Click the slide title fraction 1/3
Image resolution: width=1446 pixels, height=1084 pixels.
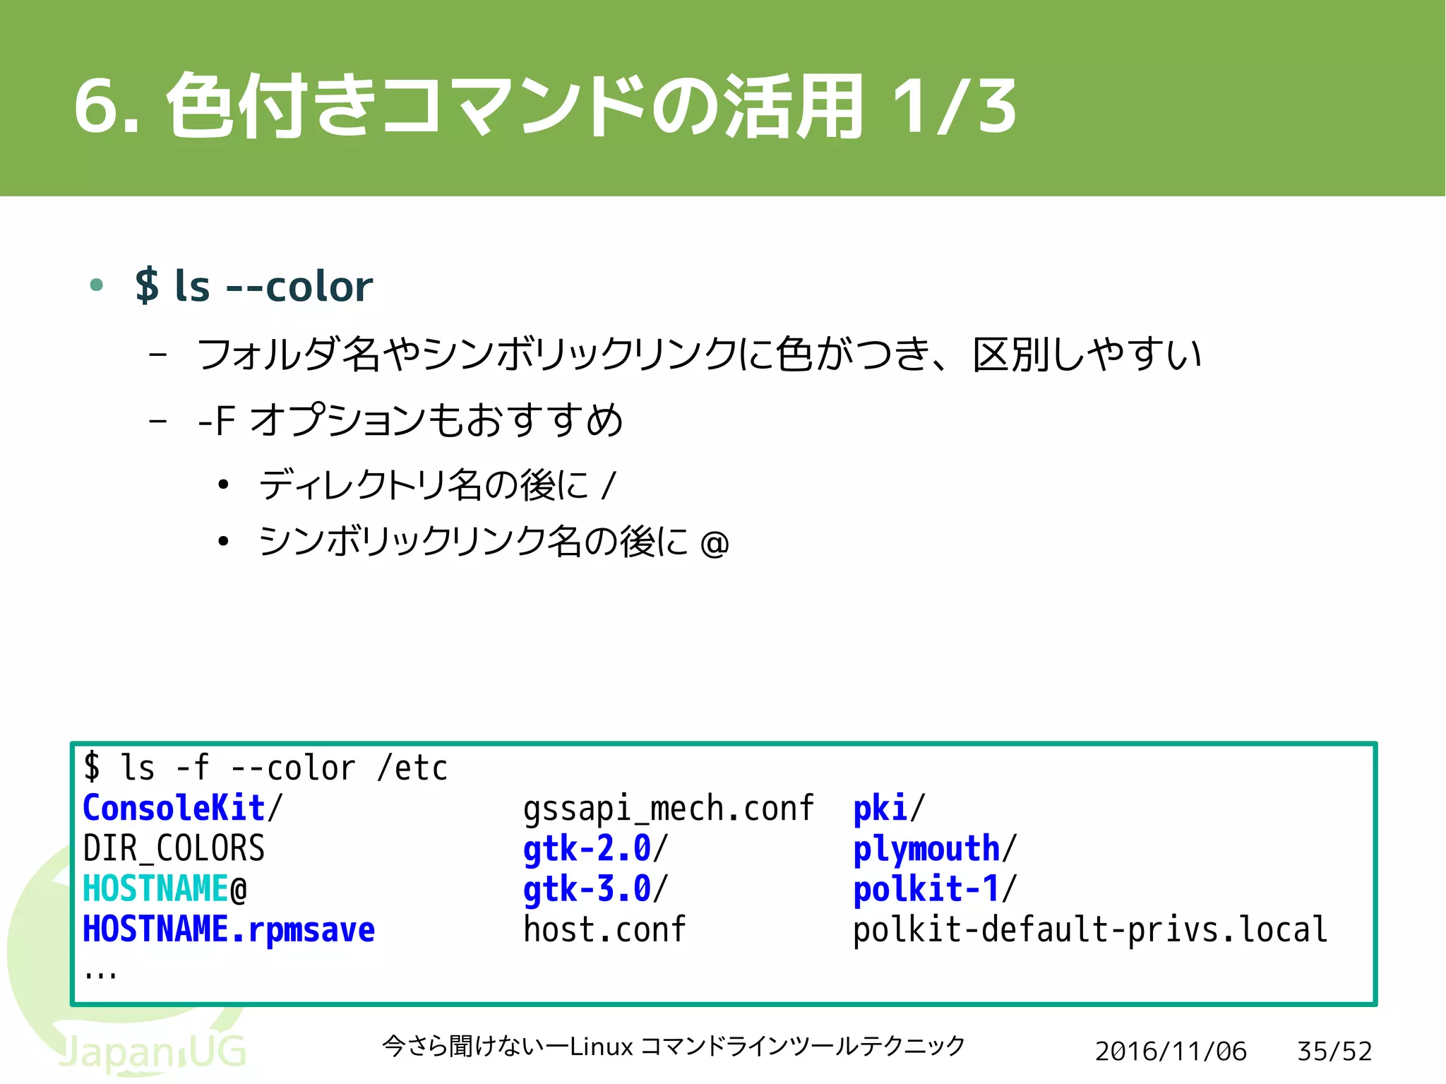[x=953, y=107]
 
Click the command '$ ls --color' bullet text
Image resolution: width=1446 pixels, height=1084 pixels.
[x=253, y=287]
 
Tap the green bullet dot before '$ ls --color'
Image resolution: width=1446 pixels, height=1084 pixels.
[x=97, y=285]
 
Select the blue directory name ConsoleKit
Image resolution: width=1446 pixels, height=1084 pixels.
[x=174, y=808]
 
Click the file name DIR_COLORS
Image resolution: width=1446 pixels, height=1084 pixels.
[x=174, y=848]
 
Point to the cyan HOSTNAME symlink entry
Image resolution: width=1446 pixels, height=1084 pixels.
[x=155, y=889]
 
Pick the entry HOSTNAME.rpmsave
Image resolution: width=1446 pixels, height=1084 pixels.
[x=228, y=929]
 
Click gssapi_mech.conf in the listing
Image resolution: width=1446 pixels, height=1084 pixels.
[x=668, y=809]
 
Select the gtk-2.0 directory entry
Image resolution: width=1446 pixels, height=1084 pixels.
[x=587, y=848]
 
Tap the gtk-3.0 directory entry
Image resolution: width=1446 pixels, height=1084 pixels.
[x=587, y=889]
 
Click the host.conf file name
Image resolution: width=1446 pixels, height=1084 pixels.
[x=604, y=929]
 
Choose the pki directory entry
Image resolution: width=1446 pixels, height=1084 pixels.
[x=880, y=809]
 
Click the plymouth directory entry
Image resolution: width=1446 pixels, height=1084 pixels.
[x=926, y=849]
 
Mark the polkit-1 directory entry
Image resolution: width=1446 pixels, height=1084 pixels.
[x=926, y=889]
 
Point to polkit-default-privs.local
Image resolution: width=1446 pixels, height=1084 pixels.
[x=1089, y=929]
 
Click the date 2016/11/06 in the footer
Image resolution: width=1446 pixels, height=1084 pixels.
[x=1171, y=1052]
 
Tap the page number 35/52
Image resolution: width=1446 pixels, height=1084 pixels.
[x=1334, y=1052]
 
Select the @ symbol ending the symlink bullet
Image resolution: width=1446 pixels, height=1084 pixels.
[x=715, y=544]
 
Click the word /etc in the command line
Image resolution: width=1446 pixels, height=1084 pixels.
[x=413, y=768]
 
